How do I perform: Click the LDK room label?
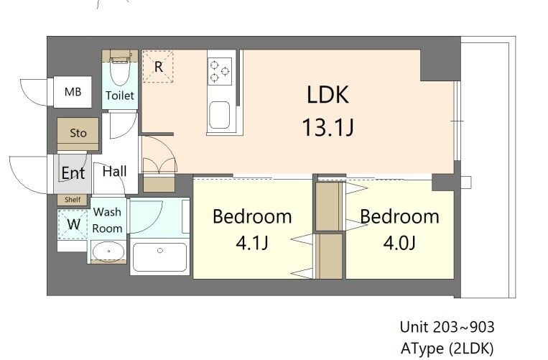click(x=328, y=95)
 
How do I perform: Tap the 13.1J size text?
click(x=328, y=127)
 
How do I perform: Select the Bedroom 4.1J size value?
click(x=252, y=243)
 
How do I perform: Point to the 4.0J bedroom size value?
click(x=399, y=243)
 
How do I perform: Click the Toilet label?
click(x=120, y=96)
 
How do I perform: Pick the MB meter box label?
click(x=73, y=92)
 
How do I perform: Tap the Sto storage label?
click(x=78, y=133)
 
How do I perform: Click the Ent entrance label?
click(x=73, y=172)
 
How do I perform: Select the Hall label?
click(x=115, y=171)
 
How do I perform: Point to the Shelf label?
click(x=73, y=200)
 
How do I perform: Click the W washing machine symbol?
click(x=73, y=224)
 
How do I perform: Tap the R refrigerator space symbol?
click(x=158, y=67)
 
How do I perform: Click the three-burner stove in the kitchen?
click(x=220, y=71)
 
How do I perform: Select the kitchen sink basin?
click(x=220, y=116)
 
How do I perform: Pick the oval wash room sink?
click(x=108, y=251)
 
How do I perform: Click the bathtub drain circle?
click(x=160, y=250)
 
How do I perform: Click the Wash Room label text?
click(x=107, y=220)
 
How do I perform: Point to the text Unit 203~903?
click(x=447, y=327)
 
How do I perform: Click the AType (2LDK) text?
click(x=447, y=349)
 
